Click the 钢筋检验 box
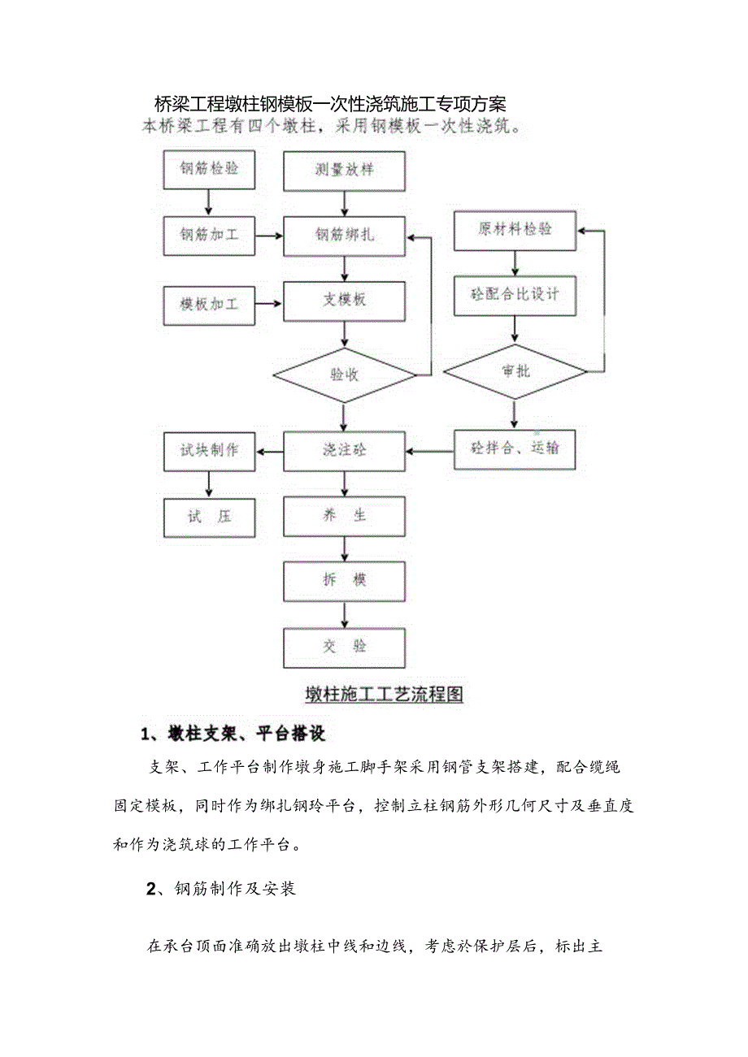[210, 170]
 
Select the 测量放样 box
[345, 171]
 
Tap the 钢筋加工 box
[210, 236]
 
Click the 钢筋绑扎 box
[345, 236]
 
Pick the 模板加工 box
[210, 305]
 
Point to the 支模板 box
[345, 301]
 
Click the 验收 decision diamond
[345, 375]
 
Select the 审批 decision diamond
[515, 371]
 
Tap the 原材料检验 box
[515, 230]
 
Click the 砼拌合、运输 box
[515, 448]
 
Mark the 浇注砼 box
[345, 450]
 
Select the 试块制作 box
[210, 450]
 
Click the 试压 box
[210, 516]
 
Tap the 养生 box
[345, 516]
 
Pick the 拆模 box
[345, 581]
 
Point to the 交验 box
[345, 647]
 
